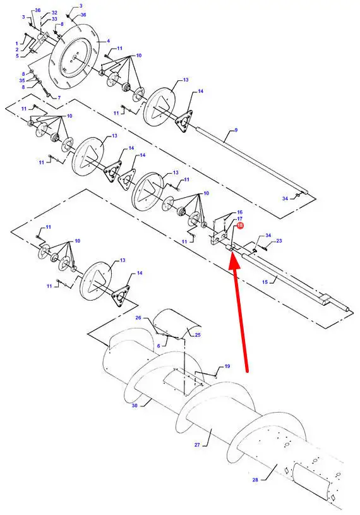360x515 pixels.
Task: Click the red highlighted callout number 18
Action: click(239, 226)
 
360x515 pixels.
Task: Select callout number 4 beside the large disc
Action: click(108, 41)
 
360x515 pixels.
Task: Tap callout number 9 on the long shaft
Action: click(236, 130)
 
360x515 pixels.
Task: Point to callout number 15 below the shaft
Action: click(265, 282)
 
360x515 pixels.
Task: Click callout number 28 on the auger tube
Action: click(255, 480)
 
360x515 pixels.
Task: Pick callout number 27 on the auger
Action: click(197, 445)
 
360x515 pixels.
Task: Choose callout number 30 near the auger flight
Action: click(135, 406)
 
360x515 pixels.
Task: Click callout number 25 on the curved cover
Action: click(198, 335)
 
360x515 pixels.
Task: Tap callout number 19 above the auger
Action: click(227, 367)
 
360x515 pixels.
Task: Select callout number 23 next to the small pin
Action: click(279, 241)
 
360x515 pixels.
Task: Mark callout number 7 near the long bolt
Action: click(59, 97)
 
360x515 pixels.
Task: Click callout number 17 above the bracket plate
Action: click(239, 219)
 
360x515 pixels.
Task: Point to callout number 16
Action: click(239, 212)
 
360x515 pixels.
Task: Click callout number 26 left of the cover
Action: click(138, 318)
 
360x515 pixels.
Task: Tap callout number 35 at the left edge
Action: click(22, 80)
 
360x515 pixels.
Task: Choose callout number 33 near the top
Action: click(54, 19)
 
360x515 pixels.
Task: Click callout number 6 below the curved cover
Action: click(159, 346)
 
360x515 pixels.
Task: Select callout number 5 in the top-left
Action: click(17, 56)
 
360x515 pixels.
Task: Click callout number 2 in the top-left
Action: click(17, 49)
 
